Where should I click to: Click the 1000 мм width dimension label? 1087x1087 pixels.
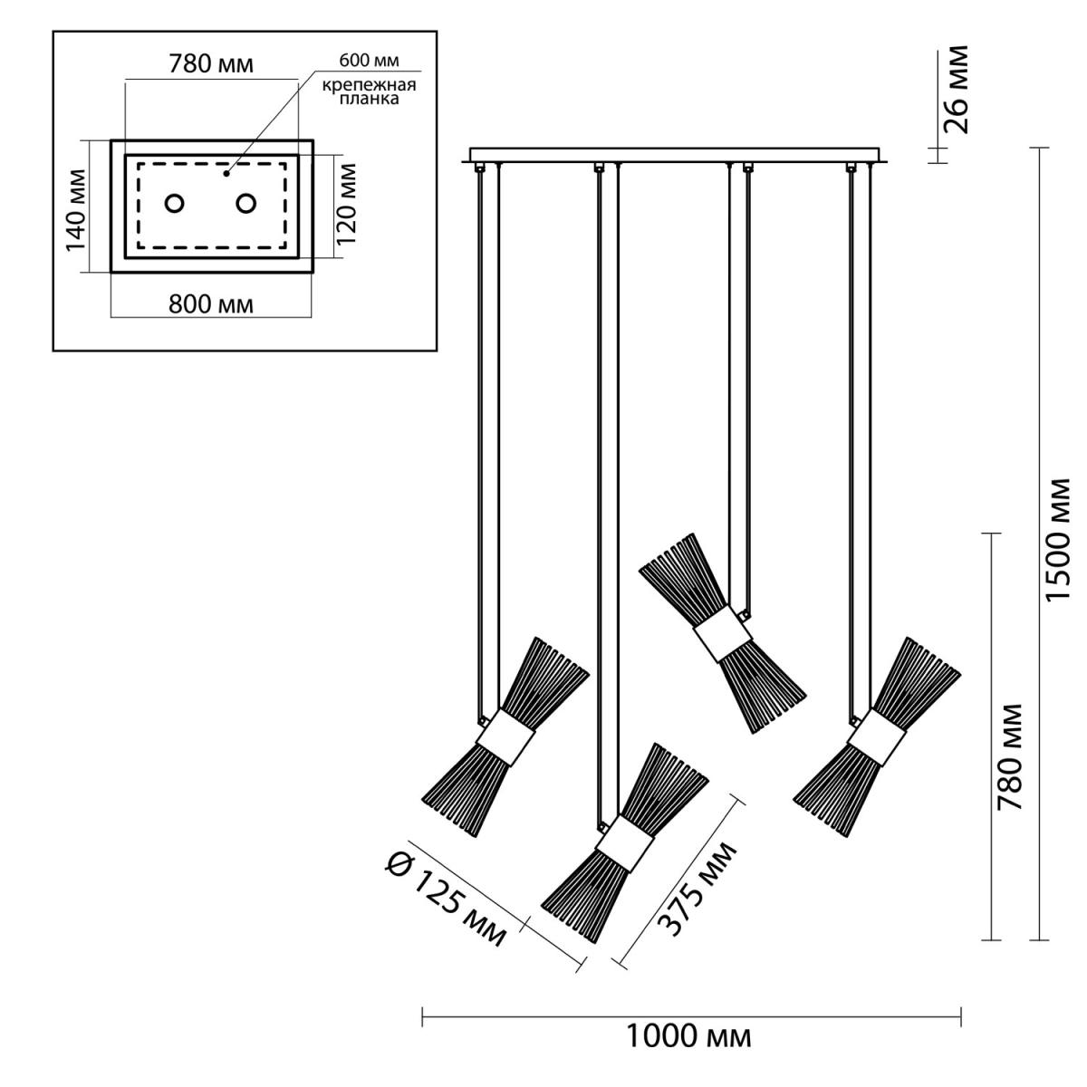pyautogui.click(x=688, y=1036)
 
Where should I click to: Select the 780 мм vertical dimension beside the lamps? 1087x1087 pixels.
pyautogui.click(x=1009, y=756)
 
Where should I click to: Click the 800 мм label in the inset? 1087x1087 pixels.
pyautogui.click(x=211, y=304)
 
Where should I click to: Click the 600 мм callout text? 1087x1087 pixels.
pyautogui.click(x=369, y=61)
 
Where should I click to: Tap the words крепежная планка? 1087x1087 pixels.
pyautogui.click(x=369, y=92)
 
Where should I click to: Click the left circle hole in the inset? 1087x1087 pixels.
pyautogui.click(x=174, y=204)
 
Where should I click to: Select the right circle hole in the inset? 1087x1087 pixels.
pyautogui.click(x=246, y=204)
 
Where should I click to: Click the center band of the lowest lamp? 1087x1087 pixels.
pyautogui.click(x=624, y=842)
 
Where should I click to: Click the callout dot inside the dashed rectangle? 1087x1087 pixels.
pyautogui.click(x=226, y=174)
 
